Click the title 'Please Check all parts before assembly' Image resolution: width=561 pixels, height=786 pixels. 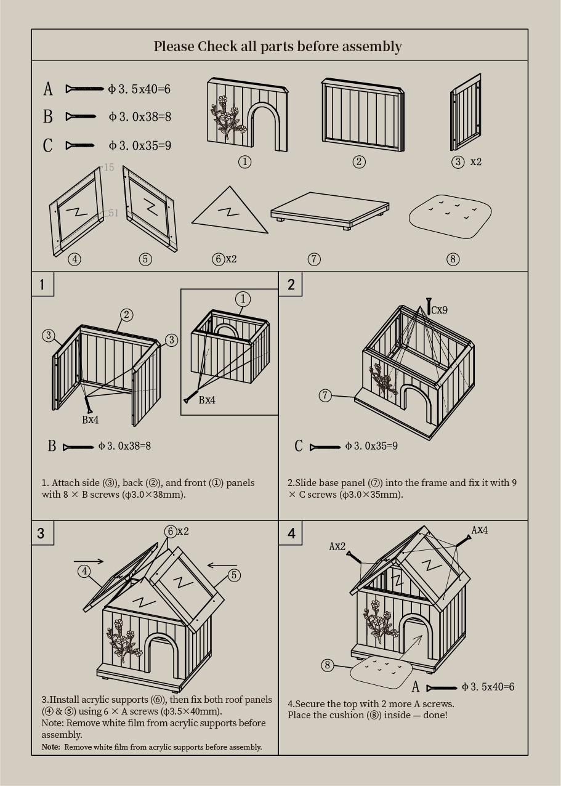[278, 46]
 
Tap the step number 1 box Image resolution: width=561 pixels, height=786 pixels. [42, 284]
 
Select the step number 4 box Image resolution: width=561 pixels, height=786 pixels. [291, 533]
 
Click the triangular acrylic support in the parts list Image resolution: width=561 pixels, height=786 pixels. [230, 211]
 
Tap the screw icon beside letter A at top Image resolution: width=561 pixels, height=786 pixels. [84, 89]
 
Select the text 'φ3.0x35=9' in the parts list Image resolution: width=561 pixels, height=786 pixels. [140, 145]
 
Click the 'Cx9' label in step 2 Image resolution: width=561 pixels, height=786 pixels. [439, 310]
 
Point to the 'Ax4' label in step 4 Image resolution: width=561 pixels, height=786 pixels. [480, 530]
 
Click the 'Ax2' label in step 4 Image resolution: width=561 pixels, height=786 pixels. [337, 546]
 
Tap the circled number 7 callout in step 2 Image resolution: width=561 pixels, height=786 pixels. [326, 395]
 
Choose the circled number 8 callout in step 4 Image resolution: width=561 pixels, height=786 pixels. [328, 665]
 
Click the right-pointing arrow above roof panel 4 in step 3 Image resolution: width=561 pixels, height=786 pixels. [89, 561]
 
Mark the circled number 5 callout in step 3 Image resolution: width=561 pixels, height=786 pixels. [234, 575]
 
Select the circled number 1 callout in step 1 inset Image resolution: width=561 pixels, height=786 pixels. [243, 299]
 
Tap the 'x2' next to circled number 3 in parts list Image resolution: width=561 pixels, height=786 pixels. [476, 162]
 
